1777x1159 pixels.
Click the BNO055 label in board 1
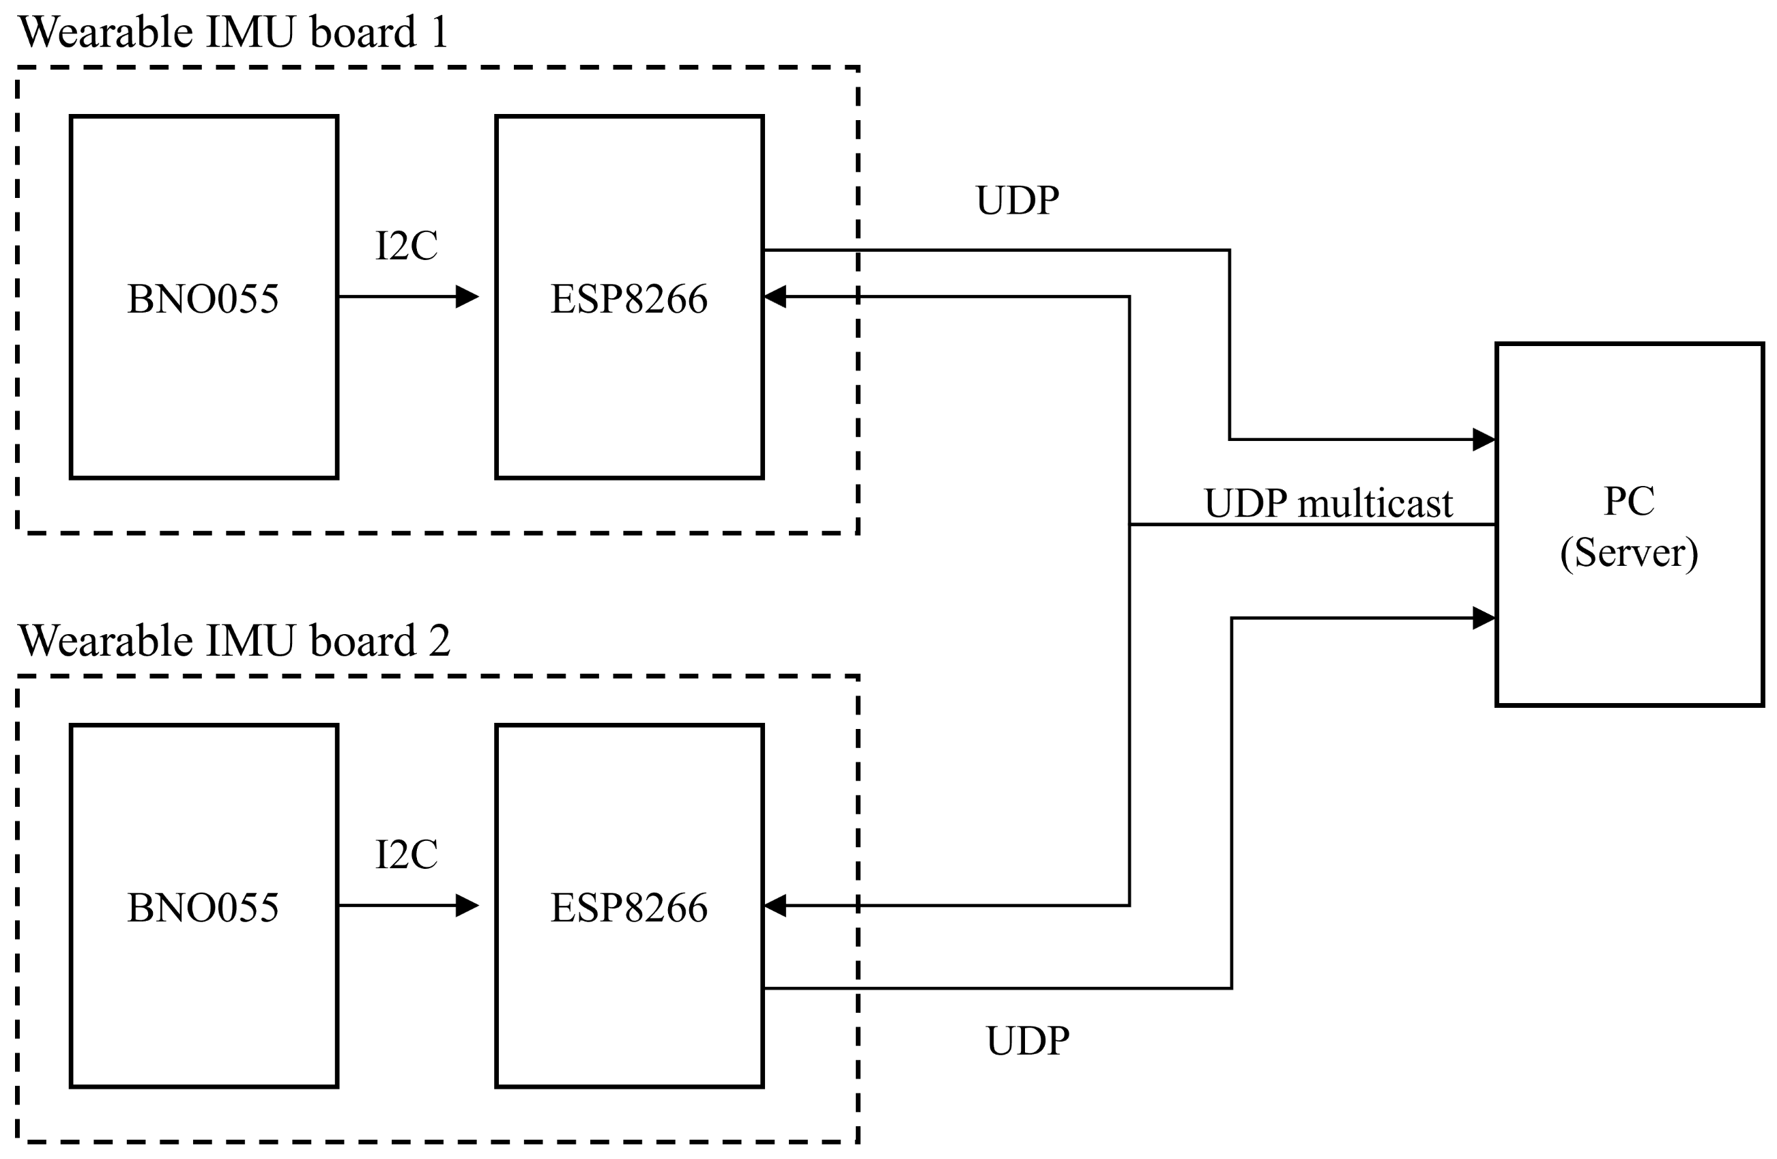click(203, 299)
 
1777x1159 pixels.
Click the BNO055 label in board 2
click(203, 907)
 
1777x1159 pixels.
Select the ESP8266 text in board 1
click(629, 299)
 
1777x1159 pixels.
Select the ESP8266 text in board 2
click(629, 907)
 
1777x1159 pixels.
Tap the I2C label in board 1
click(406, 246)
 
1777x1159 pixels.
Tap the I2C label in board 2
click(406, 855)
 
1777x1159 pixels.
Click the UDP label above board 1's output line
click(1017, 200)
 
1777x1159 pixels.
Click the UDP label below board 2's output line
click(1028, 1041)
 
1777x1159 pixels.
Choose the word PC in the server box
click(1629, 500)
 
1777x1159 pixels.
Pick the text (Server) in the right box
click(1629, 553)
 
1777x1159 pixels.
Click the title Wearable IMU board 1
click(233, 32)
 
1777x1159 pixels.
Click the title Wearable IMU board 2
click(235, 641)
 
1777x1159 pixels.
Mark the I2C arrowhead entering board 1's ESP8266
click(467, 296)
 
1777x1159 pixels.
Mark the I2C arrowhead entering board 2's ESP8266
click(467, 905)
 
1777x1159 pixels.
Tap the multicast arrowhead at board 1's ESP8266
click(775, 296)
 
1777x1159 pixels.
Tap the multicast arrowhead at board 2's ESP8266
click(775, 905)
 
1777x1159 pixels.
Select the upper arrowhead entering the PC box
click(1484, 439)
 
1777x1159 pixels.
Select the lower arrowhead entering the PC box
click(1484, 618)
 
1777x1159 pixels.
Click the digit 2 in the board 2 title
click(439, 641)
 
